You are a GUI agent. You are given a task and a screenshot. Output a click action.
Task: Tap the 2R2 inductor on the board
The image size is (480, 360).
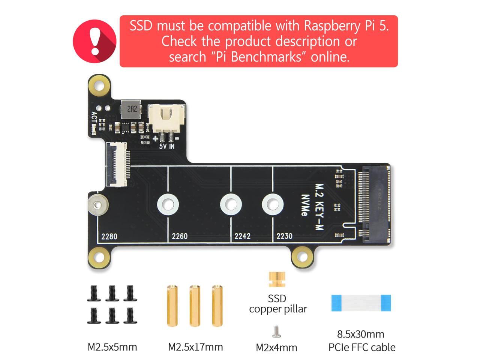click(131, 109)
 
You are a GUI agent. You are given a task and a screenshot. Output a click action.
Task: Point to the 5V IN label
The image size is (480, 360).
click(166, 146)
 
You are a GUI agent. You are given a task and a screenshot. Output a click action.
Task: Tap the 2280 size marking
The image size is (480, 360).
click(109, 236)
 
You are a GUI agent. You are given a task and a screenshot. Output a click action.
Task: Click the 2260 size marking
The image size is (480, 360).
click(180, 236)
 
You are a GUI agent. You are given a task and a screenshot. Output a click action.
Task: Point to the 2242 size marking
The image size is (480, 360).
click(242, 236)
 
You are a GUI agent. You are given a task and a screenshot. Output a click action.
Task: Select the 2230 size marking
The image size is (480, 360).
click(284, 236)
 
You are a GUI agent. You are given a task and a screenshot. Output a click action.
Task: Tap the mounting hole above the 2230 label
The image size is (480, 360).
click(273, 205)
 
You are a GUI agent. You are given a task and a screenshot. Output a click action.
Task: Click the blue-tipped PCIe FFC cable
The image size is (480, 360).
click(361, 303)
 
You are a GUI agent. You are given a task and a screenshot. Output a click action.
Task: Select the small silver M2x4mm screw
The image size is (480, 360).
click(276, 331)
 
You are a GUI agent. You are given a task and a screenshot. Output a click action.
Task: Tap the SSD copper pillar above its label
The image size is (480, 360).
click(277, 279)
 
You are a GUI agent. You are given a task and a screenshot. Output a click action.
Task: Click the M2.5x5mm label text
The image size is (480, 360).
click(112, 347)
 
